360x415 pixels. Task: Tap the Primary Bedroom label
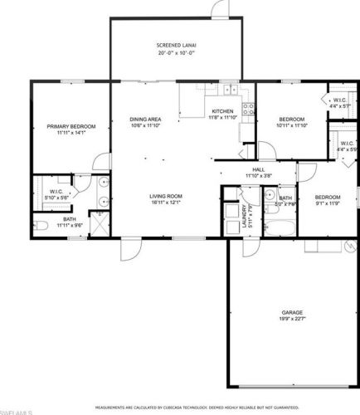[x=71, y=126]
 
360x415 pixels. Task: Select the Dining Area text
[x=145, y=120]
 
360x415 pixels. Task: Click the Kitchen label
[x=223, y=111]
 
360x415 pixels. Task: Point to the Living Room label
[x=166, y=197]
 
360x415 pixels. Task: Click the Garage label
[x=292, y=313]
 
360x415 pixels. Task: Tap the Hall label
[x=258, y=170]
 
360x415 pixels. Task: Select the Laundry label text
[x=246, y=217]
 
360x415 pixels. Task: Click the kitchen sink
[x=189, y=90]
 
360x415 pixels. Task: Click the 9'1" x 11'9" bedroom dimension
[x=328, y=203]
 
